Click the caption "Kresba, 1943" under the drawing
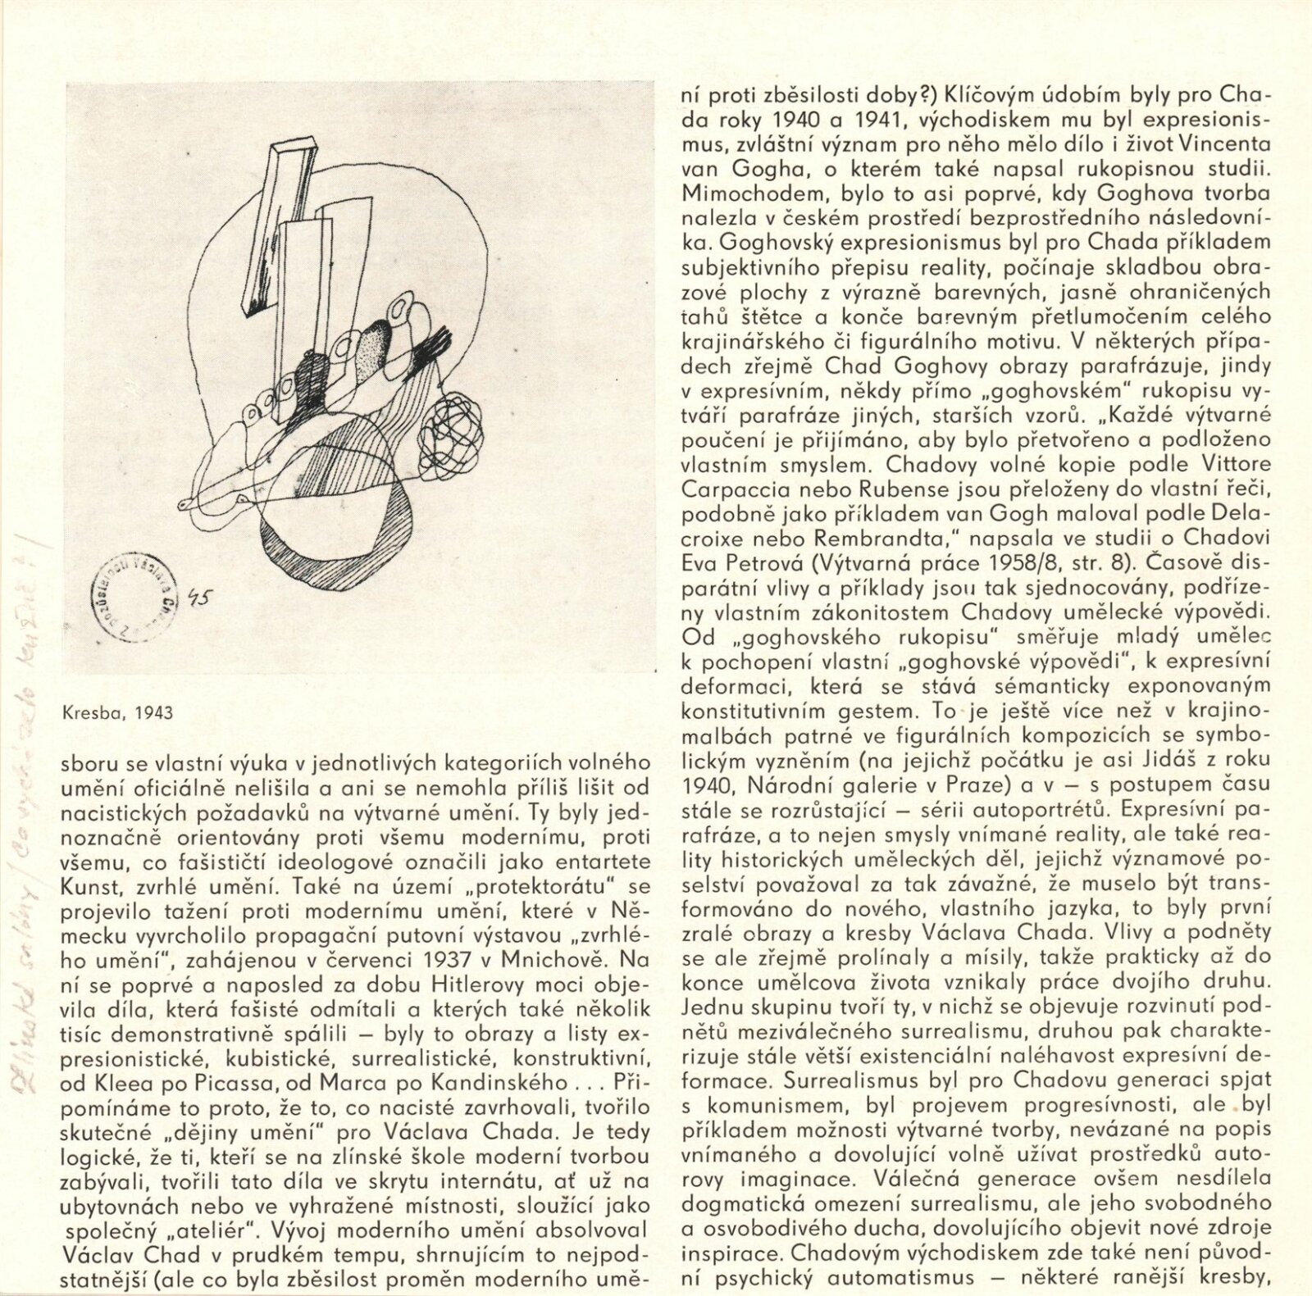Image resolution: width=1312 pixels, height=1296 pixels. click(x=117, y=712)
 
